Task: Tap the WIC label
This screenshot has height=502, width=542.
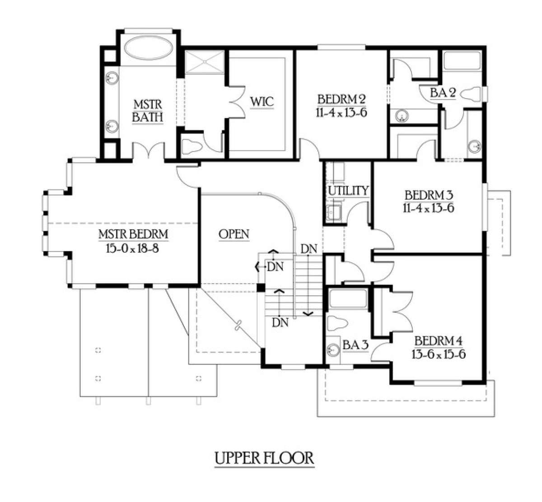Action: click(x=262, y=102)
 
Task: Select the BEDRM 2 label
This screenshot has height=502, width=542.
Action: click(x=341, y=99)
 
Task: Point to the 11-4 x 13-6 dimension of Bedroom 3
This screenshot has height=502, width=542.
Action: click(x=429, y=208)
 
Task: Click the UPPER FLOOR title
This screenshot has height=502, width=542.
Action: click(x=264, y=458)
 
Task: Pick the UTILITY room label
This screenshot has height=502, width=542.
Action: click(x=348, y=190)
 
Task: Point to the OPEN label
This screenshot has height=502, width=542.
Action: click(x=234, y=234)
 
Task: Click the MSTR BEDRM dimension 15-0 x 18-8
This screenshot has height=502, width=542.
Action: click(x=132, y=248)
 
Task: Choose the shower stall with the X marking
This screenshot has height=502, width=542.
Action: click(x=205, y=62)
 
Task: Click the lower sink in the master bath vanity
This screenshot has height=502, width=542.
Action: click(x=112, y=127)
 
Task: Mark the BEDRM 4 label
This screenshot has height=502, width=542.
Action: click(x=438, y=341)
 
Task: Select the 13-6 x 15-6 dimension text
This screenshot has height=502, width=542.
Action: click(x=439, y=355)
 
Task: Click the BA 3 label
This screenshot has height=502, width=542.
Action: click(x=355, y=345)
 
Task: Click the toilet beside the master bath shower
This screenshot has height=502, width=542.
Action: click(x=192, y=146)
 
